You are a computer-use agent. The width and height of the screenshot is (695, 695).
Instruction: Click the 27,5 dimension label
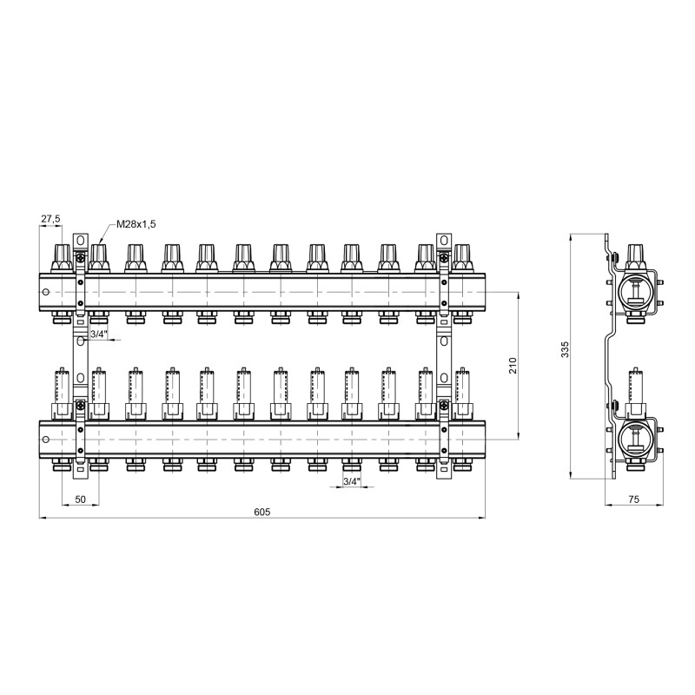click(51, 219)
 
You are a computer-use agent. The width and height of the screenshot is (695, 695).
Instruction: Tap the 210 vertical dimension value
click(512, 366)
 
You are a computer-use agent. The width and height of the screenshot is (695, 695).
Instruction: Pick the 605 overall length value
click(262, 513)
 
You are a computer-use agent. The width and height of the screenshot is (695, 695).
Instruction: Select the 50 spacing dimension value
click(81, 500)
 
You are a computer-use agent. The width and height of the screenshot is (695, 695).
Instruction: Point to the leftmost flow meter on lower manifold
click(63, 391)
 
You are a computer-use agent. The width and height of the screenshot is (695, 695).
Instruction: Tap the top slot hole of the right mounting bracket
click(443, 242)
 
